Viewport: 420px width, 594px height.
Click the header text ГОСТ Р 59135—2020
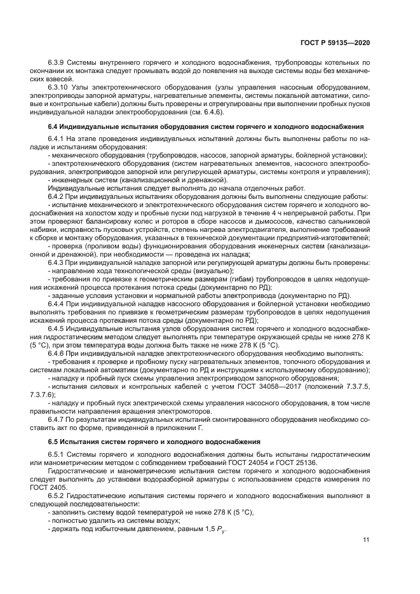click(337, 43)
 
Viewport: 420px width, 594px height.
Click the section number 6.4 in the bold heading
click(53, 126)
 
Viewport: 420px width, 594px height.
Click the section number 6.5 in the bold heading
click(53, 441)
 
